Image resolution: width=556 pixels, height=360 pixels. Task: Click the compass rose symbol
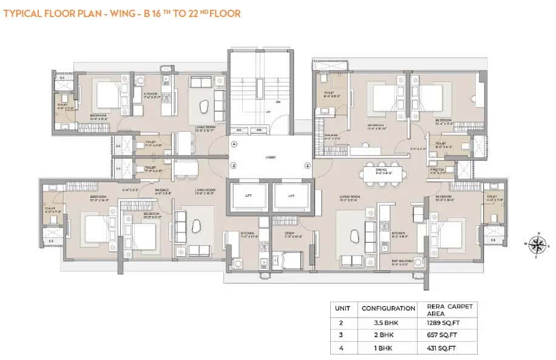tap(536, 244)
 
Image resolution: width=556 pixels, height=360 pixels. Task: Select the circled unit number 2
tap(307, 165)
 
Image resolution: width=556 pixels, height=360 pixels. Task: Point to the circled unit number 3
tap(233, 165)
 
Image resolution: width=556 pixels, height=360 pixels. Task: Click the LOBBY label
tap(270, 157)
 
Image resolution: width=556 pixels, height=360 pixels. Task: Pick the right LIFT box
tap(291, 197)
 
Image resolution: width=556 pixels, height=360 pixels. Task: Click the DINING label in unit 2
tap(382, 171)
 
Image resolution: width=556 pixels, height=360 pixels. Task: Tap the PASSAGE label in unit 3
tap(162, 191)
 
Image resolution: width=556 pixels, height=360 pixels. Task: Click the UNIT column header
tap(343, 308)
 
